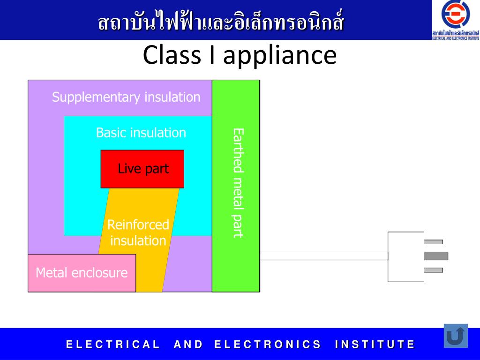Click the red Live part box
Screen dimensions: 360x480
point(142,169)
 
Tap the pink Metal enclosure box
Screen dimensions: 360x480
point(82,273)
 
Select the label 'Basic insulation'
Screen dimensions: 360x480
point(141,133)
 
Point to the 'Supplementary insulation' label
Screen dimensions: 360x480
point(126,97)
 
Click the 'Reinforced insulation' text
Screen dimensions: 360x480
point(138,232)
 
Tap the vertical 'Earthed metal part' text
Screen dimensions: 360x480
point(239,183)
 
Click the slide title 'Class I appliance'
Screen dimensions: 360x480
point(240,55)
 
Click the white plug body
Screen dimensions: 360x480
point(405,256)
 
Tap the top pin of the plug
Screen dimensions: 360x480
point(433,242)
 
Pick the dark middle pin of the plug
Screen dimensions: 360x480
point(435,256)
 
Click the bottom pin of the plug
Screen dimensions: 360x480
point(433,270)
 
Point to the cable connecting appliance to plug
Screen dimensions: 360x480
point(323,256)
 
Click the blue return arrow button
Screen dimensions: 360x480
point(456,336)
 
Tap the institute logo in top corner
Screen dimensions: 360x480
point(455,20)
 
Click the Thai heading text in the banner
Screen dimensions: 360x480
point(221,22)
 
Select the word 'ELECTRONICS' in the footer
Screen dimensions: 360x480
point(268,345)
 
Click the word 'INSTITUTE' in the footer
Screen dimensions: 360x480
point(375,345)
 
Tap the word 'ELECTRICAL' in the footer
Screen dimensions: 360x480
point(113,345)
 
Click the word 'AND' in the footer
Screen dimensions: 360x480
point(188,345)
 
